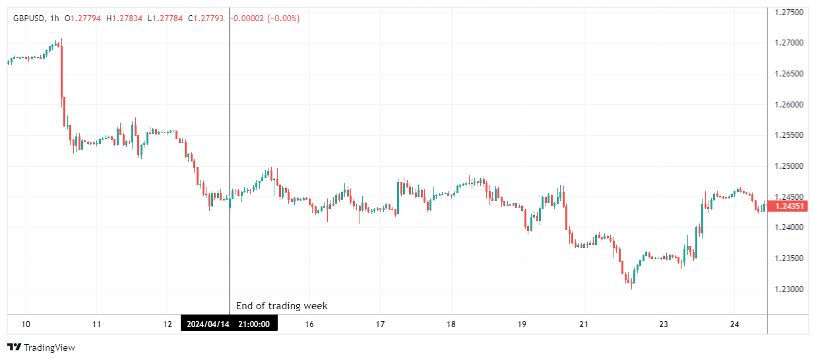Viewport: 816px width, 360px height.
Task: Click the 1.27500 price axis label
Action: pyautogui.click(x=789, y=13)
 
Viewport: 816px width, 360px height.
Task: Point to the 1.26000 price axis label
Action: pyautogui.click(x=789, y=105)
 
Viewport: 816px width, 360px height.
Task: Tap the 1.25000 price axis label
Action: pyautogui.click(x=789, y=166)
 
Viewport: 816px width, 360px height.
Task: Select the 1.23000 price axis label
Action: pyautogui.click(x=789, y=289)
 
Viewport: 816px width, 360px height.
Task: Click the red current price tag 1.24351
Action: pyautogui.click(x=789, y=206)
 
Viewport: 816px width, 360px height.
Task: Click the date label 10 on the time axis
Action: pyautogui.click(x=26, y=324)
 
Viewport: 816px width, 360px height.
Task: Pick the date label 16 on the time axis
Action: pyautogui.click(x=309, y=324)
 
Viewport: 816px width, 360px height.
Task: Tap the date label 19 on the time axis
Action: pyautogui.click(x=522, y=324)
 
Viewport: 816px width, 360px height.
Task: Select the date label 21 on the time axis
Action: pyautogui.click(x=583, y=324)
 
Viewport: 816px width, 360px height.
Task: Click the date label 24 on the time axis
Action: pyautogui.click(x=735, y=324)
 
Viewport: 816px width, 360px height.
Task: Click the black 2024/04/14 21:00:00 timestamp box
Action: pyautogui.click(x=229, y=324)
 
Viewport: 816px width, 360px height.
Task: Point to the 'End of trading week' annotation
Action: pyautogui.click(x=282, y=306)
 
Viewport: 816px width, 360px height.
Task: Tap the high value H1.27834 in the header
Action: pyautogui.click(x=125, y=18)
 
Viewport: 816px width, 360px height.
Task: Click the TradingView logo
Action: pyautogui.click(x=41, y=347)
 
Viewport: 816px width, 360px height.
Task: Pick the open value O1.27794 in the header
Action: pyautogui.click(x=83, y=18)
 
